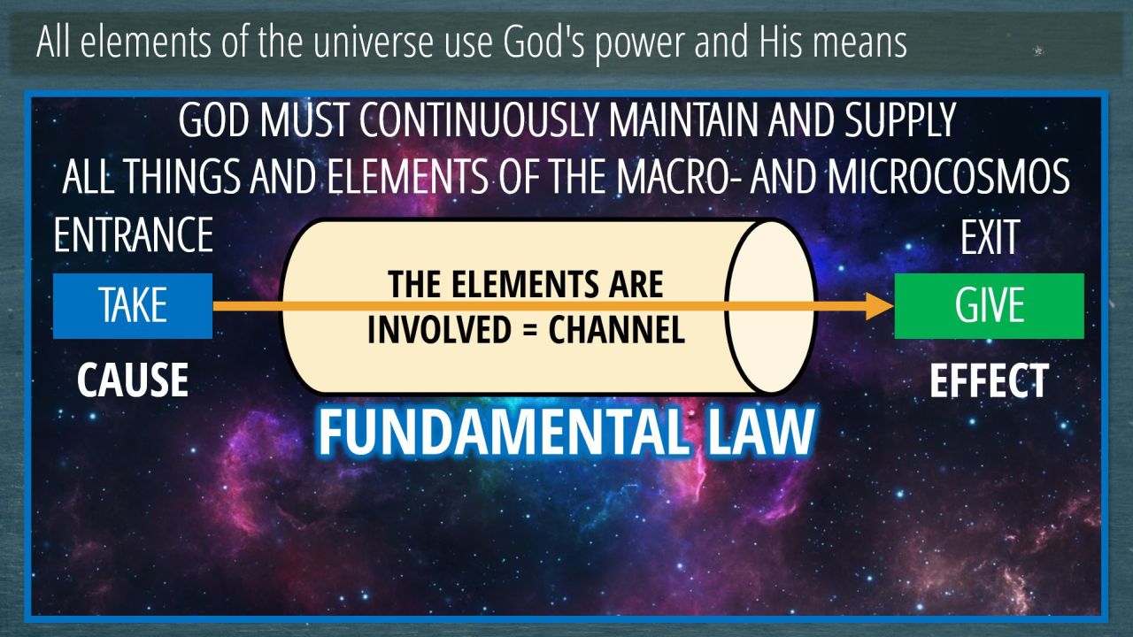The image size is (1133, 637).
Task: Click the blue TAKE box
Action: pyautogui.click(x=133, y=306)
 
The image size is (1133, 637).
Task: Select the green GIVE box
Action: pyautogui.click(x=990, y=306)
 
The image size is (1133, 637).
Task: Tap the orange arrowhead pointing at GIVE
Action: pyautogui.click(x=880, y=306)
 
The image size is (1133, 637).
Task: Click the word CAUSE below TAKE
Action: pyautogui.click(x=133, y=380)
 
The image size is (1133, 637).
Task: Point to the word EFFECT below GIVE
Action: pyautogui.click(x=989, y=380)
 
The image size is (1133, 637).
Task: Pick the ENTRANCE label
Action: pyautogui.click(x=133, y=234)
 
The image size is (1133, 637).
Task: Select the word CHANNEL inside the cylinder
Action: pyautogui.click(x=617, y=329)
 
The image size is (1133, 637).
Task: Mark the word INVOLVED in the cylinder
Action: pyautogui.click(x=439, y=329)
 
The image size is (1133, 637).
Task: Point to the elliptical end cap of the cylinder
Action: pyautogui.click(x=771, y=306)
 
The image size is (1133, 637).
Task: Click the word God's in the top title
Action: pyautogui.click(x=543, y=42)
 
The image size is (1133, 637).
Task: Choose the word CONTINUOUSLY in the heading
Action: pyautogui.click(x=479, y=120)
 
